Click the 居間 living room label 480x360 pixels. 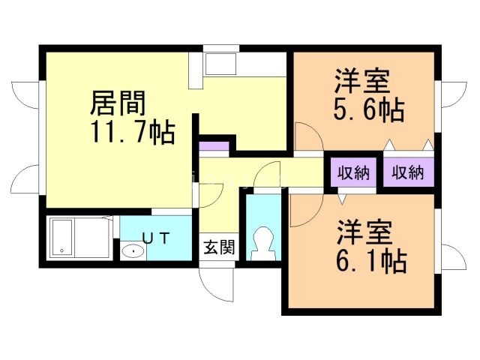point(118,103)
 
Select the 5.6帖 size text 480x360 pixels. point(368,111)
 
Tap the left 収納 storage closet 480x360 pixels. point(352,172)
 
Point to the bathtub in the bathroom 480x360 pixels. point(78,237)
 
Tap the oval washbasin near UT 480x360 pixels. point(132,250)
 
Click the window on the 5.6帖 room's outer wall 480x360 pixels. point(438,97)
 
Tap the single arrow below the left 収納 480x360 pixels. point(341,199)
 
